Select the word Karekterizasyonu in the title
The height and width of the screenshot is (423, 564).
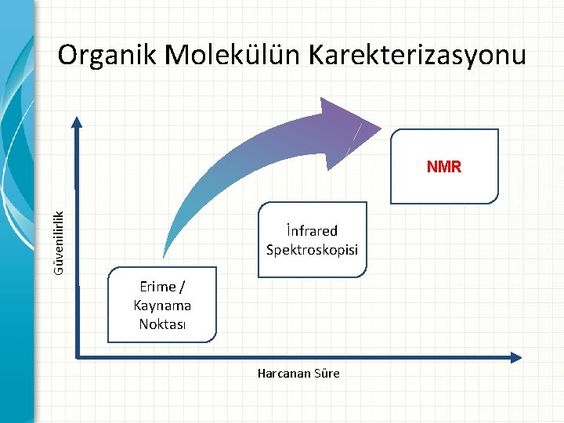point(418,56)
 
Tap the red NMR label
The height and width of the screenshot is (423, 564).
point(444,167)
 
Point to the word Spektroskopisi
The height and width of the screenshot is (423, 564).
point(312,250)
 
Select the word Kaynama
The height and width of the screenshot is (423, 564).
point(162,305)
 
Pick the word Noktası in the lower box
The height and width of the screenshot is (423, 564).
point(162,324)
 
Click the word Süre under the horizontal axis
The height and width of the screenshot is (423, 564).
point(327,374)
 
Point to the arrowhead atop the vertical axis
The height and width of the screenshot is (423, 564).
point(77,121)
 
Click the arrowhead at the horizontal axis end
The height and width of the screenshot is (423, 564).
point(515,357)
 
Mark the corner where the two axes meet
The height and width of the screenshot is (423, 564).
point(78,357)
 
